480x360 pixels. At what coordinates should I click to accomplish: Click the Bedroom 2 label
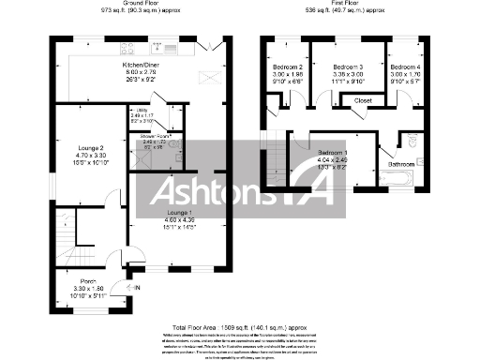(x=288, y=67)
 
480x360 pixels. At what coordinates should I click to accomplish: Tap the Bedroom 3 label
(x=348, y=67)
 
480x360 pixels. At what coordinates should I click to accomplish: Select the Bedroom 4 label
(x=406, y=67)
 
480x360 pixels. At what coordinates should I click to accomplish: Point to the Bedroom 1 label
(x=332, y=152)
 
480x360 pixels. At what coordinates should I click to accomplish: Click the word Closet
(x=363, y=100)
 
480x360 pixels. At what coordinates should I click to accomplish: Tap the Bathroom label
(x=403, y=165)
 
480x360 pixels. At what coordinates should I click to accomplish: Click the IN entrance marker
(x=136, y=288)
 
